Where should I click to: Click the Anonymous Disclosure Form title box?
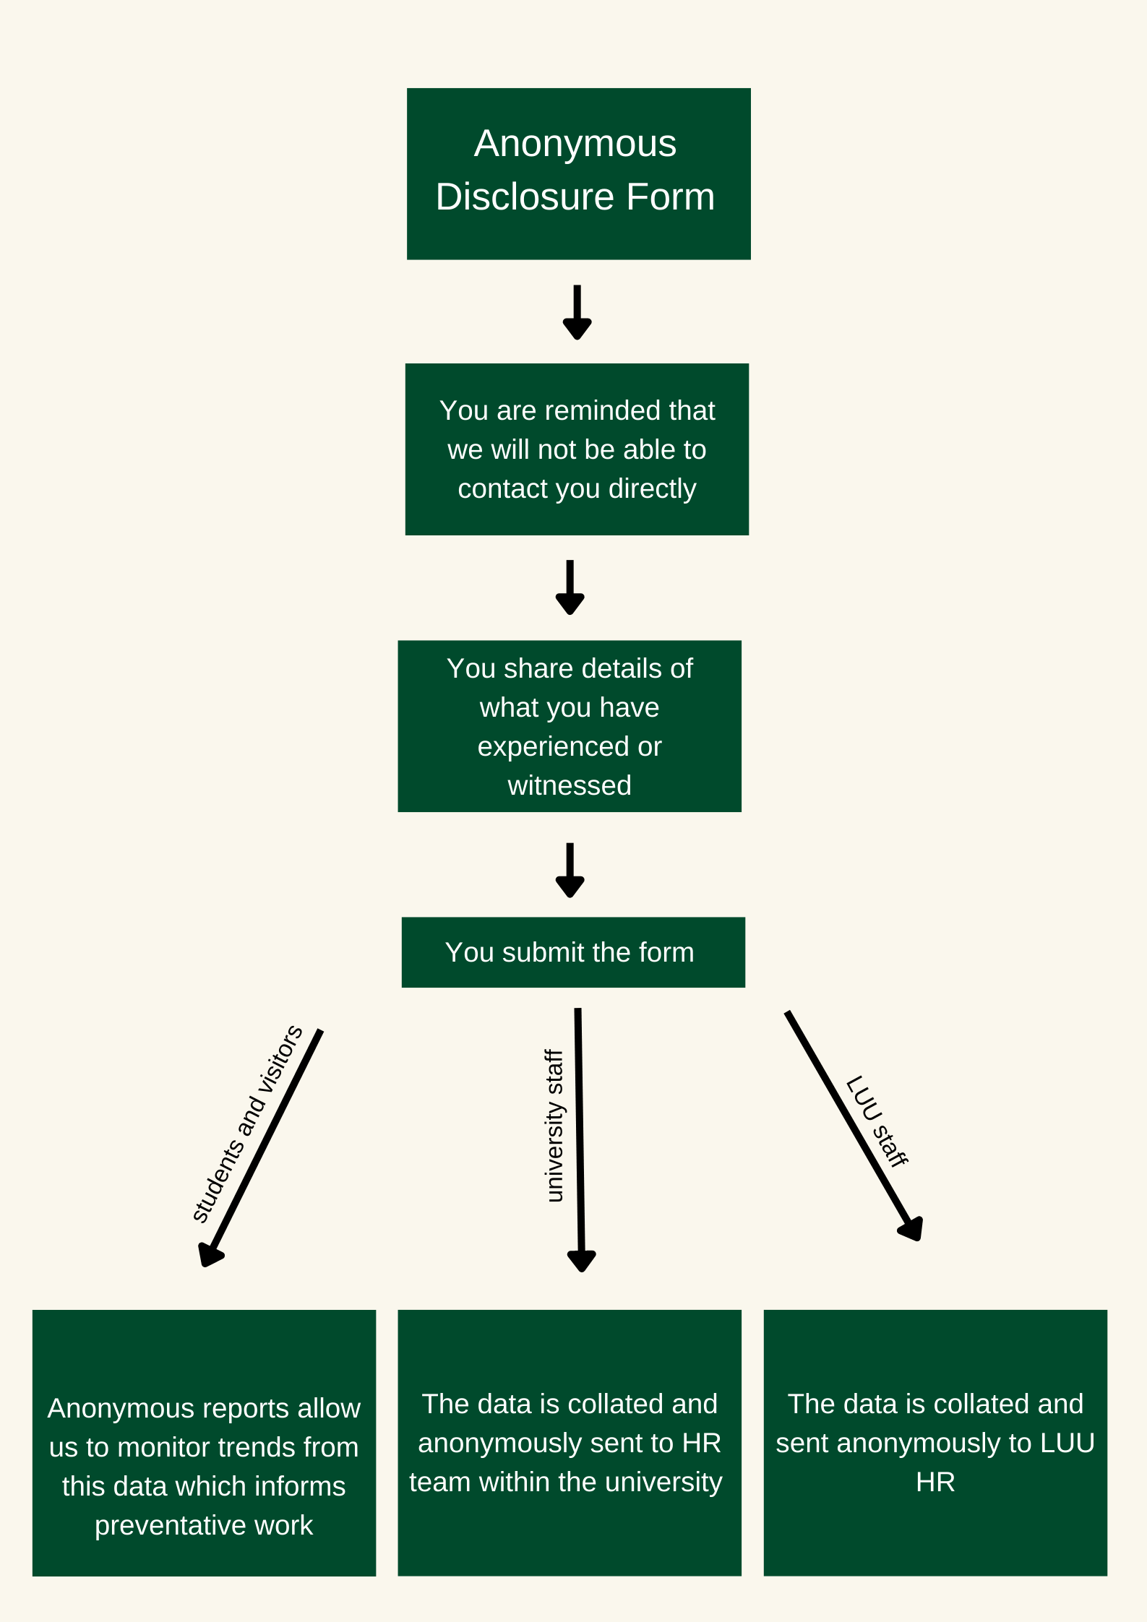tap(578, 173)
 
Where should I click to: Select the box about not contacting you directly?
tap(577, 449)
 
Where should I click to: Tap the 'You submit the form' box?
tap(573, 952)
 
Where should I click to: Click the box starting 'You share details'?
tap(570, 726)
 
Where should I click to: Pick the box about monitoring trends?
tap(204, 1443)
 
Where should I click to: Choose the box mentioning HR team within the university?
tap(570, 1443)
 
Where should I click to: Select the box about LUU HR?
tap(935, 1443)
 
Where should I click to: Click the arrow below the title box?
tap(577, 312)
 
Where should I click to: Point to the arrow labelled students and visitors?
tap(261, 1148)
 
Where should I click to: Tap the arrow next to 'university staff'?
tap(580, 1140)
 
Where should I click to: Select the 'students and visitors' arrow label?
tap(247, 1124)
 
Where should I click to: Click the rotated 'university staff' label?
tap(554, 1126)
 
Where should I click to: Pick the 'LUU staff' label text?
tap(877, 1121)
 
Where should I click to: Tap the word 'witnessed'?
tap(570, 785)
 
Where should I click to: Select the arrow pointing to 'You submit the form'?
tap(570, 870)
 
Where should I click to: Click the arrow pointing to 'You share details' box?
tap(570, 587)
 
